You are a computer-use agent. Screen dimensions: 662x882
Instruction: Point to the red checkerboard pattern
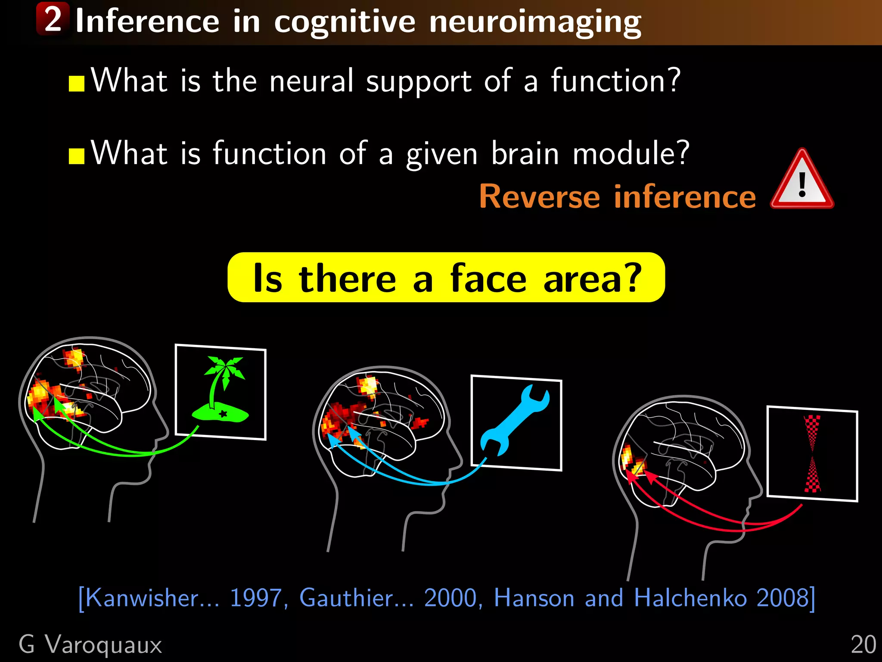pyautogui.click(x=812, y=453)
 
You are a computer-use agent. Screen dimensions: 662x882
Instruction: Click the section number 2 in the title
pyautogui.click(x=53, y=19)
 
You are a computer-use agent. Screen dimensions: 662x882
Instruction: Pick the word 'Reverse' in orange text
pyautogui.click(x=540, y=197)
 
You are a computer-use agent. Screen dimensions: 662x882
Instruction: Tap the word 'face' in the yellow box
pyautogui.click(x=488, y=278)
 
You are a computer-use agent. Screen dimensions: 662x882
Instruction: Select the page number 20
pyautogui.click(x=863, y=645)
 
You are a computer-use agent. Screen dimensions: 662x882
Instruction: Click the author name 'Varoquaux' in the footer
pyautogui.click(x=103, y=645)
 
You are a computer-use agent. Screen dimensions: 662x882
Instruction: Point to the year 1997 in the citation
pyautogui.click(x=256, y=598)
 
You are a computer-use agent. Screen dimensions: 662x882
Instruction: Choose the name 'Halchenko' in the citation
pyautogui.click(x=690, y=598)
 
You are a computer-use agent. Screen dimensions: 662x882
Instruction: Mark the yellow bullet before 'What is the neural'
pyautogui.click(x=77, y=84)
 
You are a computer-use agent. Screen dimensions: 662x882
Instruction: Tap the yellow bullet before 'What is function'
pyautogui.click(x=77, y=156)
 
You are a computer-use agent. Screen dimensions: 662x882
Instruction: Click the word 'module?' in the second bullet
pyautogui.click(x=631, y=153)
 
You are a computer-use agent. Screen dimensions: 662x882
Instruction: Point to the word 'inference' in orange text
pyautogui.click(x=685, y=197)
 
